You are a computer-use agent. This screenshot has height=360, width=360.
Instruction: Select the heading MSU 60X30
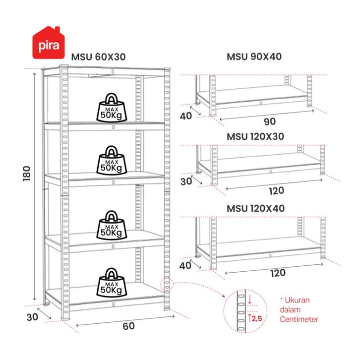[x=98, y=57]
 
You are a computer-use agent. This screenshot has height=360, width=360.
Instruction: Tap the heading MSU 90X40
[x=254, y=57]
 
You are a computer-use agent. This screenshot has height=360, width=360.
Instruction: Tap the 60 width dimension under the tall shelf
[x=128, y=326]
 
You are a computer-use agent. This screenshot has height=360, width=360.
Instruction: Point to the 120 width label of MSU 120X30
[x=277, y=191]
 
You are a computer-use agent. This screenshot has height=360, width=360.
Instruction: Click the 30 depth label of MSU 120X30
[x=186, y=181]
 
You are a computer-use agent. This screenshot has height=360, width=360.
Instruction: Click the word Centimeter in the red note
[x=299, y=319]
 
